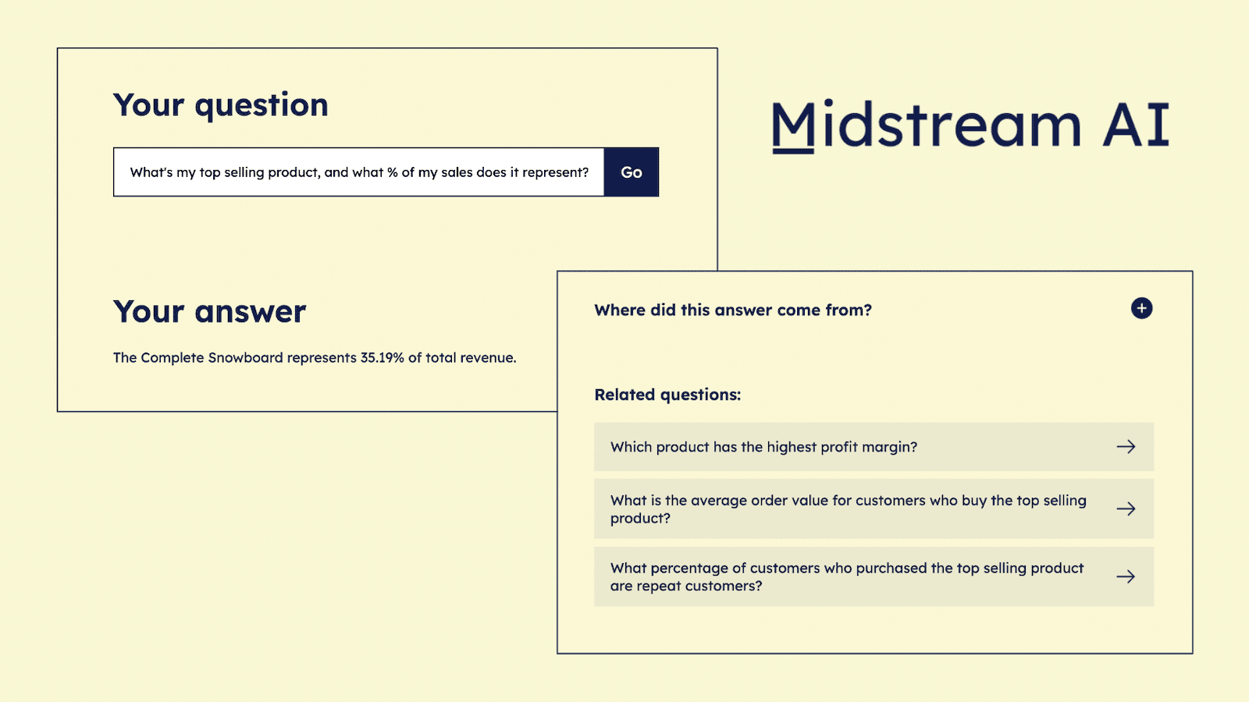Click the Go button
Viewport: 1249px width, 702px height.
tap(631, 172)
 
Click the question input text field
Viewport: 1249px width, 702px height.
tap(358, 172)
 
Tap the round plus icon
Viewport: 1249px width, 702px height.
tap(1141, 308)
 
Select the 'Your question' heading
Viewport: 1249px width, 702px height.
tap(221, 105)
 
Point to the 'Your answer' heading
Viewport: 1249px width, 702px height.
tap(210, 312)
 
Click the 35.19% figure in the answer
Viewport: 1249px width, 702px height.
tap(382, 358)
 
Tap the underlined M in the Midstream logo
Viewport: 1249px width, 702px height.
tap(793, 126)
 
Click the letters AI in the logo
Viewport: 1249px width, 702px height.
tap(1136, 126)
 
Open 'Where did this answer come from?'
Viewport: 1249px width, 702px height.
tap(733, 310)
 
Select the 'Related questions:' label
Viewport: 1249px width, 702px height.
tap(667, 395)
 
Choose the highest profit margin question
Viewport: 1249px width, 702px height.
tap(763, 447)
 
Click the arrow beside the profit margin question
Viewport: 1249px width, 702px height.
tap(1126, 447)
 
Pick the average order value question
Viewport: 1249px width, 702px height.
tap(848, 509)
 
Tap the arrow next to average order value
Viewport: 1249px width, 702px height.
tap(1126, 509)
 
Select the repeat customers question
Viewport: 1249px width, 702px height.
tap(846, 577)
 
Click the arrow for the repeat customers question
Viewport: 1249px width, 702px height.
tap(1126, 577)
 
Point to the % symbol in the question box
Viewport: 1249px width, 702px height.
tap(393, 172)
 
